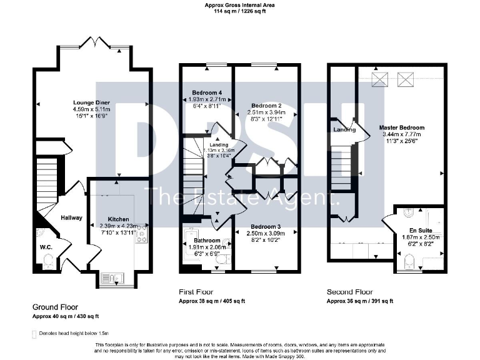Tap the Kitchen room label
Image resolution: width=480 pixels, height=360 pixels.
[118, 219]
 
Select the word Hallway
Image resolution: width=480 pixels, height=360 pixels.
[71, 217]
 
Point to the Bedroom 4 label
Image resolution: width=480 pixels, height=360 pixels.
[207, 93]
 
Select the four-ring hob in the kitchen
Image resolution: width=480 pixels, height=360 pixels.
[141, 236]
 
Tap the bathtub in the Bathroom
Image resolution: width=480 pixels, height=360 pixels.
[190, 247]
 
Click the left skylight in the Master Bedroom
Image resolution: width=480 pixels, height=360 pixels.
[379, 79]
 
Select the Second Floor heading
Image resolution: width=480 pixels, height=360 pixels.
[349, 292]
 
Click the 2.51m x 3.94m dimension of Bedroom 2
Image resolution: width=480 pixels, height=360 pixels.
[267, 112]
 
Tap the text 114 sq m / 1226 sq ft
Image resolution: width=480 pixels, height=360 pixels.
[240, 11]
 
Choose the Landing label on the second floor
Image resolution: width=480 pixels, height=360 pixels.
[344, 129]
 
